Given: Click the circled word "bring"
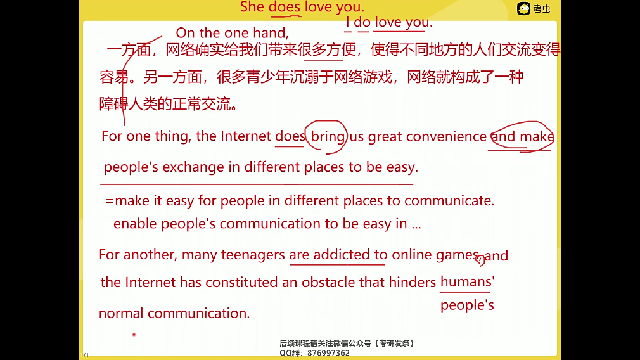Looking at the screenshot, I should (328, 136).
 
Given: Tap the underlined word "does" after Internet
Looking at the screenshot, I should (290, 136).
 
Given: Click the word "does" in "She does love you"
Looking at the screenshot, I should (285, 8).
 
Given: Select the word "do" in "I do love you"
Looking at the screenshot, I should (362, 23).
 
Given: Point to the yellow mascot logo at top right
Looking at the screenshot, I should (523, 8).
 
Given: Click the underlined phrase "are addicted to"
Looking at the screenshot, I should (338, 255).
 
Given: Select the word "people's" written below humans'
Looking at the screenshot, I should (467, 305).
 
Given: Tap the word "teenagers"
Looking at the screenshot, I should (253, 255).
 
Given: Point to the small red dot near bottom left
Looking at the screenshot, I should (134, 334).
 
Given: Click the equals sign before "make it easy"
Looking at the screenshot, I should (110, 201).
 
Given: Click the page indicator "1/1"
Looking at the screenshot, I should (84, 356).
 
